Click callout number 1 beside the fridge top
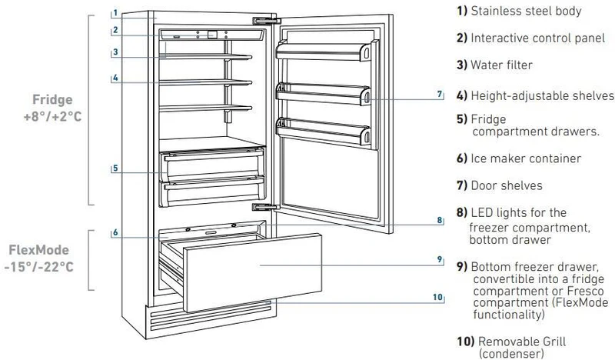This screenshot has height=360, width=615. coord(114,13)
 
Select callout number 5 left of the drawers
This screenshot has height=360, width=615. coord(114,167)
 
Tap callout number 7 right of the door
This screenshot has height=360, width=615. coord(440,95)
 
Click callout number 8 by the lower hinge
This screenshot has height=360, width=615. coord(440,221)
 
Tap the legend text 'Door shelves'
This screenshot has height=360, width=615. coord(512,185)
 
